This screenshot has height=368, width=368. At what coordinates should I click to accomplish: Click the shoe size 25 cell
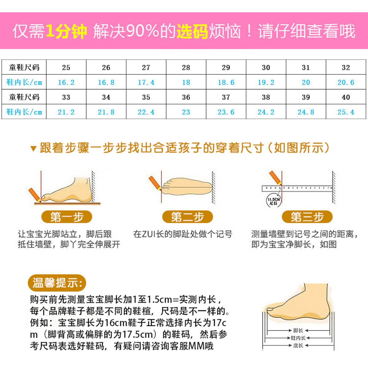[x=66, y=67]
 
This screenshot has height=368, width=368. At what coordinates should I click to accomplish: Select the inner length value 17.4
[x=146, y=82]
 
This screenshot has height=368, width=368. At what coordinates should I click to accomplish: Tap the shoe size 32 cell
[x=346, y=67]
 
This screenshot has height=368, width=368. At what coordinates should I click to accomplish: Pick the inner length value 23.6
[x=226, y=112]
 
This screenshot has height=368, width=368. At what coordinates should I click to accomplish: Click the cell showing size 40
[x=346, y=97]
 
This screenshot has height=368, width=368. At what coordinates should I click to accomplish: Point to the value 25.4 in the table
[x=346, y=112]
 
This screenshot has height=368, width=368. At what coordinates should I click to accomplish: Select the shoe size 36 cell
[x=186, y=97]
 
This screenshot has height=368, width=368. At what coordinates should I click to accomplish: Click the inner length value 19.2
[x=266, y=82]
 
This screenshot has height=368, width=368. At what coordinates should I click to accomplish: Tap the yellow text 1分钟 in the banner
[x=66, y=31]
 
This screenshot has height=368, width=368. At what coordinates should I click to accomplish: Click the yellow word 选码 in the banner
[x=192, y=31]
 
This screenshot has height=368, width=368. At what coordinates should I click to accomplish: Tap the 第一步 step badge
[x=67, y=217]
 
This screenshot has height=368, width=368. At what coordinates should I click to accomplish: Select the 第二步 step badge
[x=187, y=217]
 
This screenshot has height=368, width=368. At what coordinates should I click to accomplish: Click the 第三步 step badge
[x=307, y=217]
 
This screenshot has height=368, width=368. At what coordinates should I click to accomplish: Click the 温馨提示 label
[x=57, y=283]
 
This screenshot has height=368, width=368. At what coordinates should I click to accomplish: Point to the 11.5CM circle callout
[x=273, y=201]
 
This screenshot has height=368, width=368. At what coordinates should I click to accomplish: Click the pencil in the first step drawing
[x=34, y=195]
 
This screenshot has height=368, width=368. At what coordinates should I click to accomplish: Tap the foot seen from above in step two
[x=187, y=186]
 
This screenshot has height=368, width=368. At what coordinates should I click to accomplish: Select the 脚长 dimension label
[x=298, y=331]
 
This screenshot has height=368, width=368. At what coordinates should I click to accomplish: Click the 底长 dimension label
[x=298, y=346]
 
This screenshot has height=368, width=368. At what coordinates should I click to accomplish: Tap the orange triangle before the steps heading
[x=33, y=149]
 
